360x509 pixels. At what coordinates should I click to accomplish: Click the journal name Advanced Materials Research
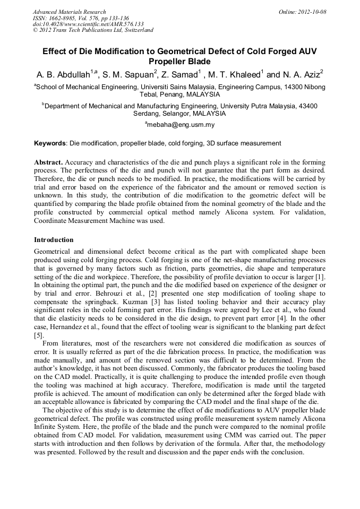click(x=69, y=12)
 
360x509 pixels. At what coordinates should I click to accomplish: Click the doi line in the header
click(x=88, y=24)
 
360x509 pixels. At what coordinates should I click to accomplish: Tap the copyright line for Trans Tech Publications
click(x=93, y=30)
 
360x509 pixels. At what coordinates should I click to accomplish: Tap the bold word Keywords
click(x=50, y=143)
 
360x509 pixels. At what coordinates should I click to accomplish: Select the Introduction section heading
click(x=54, y=240)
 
